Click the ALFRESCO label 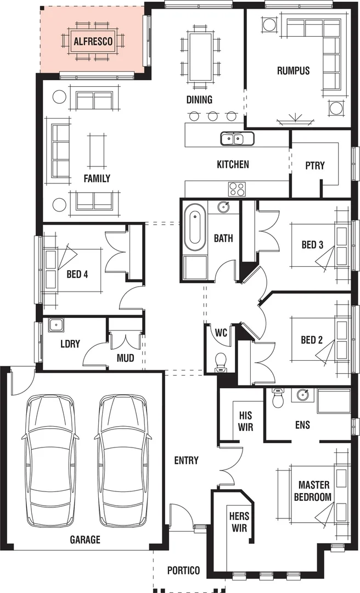point(93,41)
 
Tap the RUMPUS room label point(293,71)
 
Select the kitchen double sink point(237,139)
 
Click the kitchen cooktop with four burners point(237,189)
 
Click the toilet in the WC point(221,361)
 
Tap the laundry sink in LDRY point(55,325)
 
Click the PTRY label point(315,165)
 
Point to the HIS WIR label point(245,421)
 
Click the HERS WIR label point(239,522)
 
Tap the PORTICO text point(184,570)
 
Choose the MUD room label point(125,359)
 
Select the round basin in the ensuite point(302,395)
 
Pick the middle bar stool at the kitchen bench point(212,116)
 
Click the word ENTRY point(186,460)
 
